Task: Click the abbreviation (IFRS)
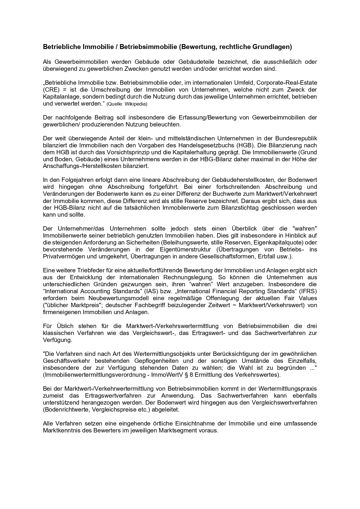(x=308, y=291)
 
